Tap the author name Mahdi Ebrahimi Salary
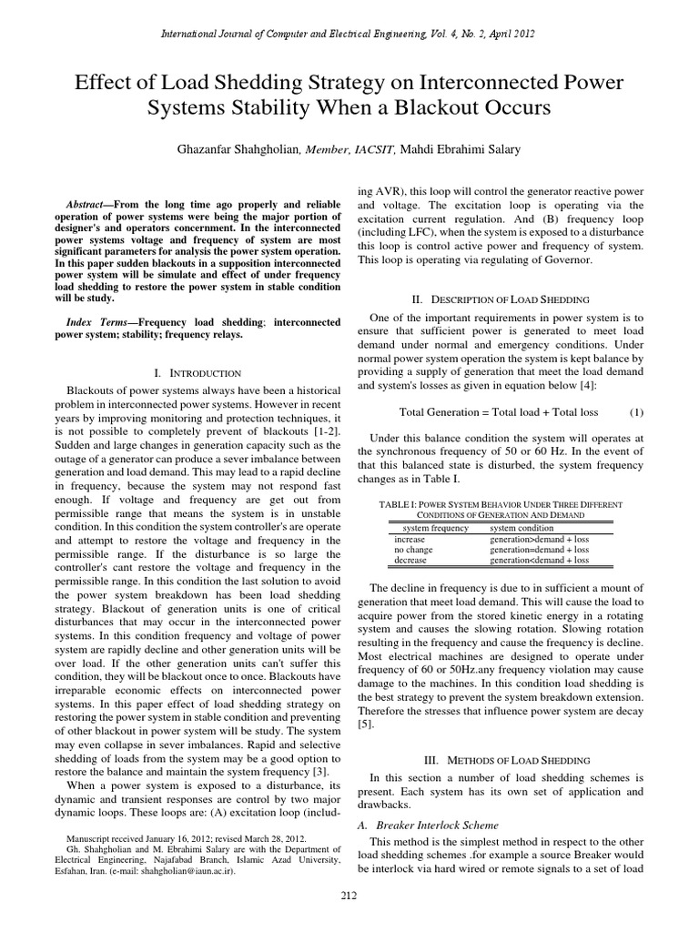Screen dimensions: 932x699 tap(466, 150)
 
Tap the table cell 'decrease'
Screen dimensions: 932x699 tap(410, 561)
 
